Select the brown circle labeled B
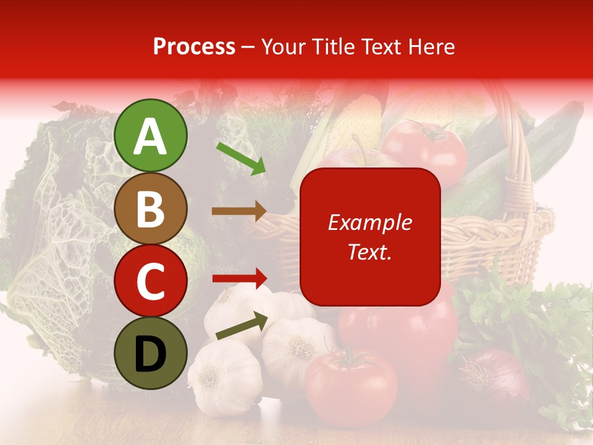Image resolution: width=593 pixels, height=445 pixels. [x=151, y=208]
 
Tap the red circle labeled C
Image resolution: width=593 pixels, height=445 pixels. [x=151, y=281]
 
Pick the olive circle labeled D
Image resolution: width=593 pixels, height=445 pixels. [x=151, y=354]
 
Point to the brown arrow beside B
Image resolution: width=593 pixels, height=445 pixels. [x=239, y=211]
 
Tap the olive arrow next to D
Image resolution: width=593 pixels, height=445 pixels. [x=242, y=326]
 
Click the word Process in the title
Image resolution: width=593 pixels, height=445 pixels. [x=194, y=46]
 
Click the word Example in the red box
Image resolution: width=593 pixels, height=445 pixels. [x=369, y=222]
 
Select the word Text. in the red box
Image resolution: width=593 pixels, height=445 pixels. [x=369, y=252]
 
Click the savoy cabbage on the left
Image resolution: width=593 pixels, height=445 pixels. [x=56, y=247]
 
